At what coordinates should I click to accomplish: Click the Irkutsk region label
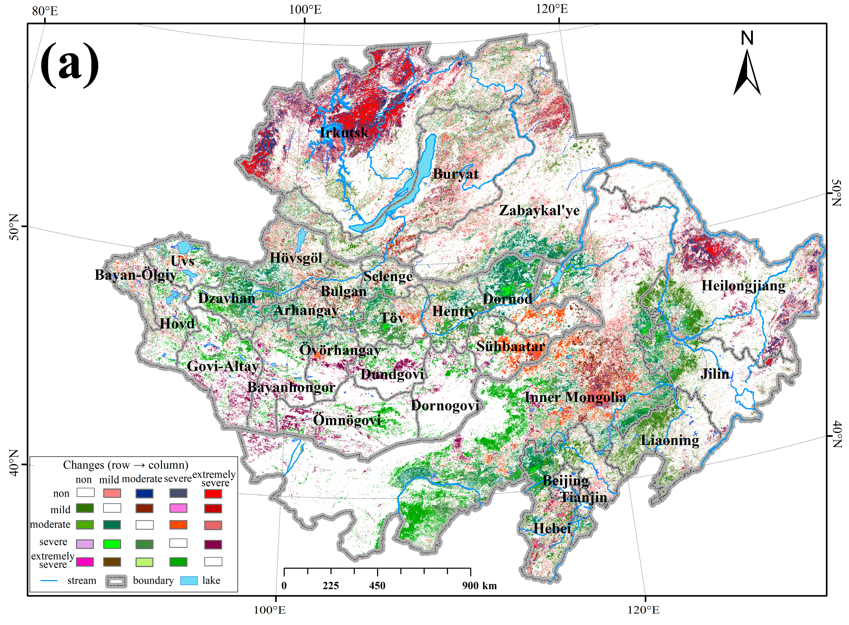(344, 133)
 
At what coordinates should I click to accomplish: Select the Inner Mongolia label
(575, 397)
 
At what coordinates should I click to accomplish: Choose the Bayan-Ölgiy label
(135, 275)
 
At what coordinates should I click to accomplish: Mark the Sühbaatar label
(510, 346)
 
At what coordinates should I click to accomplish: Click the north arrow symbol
(747, 72)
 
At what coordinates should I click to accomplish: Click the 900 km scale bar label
(479, 586)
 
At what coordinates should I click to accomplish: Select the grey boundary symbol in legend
(116, 581)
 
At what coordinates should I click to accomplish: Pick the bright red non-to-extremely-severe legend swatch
(213, 493)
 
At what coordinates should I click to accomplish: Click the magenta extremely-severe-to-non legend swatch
(85, 562)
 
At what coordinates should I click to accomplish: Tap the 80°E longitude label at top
(45, 11)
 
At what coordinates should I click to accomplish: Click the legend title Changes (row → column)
(126, 465)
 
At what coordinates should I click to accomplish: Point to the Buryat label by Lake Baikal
(456, 174)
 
